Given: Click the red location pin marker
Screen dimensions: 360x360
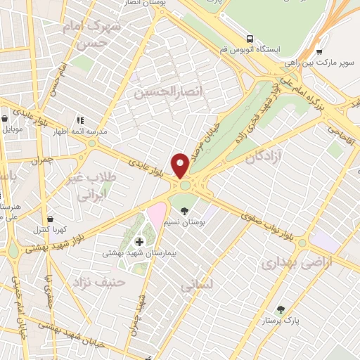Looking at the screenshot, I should [180, 166].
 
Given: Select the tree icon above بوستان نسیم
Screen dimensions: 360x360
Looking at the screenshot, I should [185, 211].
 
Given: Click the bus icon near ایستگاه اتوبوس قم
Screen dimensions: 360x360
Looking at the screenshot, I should [250, 39].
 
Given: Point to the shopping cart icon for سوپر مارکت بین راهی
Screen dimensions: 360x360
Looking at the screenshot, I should [320, 51].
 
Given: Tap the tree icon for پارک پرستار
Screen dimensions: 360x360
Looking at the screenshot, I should [281, 309].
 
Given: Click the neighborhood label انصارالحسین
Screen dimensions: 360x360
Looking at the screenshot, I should [164, 91].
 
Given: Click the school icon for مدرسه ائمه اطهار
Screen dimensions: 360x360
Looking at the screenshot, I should [79, 120].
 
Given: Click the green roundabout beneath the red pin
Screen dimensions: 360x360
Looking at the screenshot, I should [186, 186].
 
